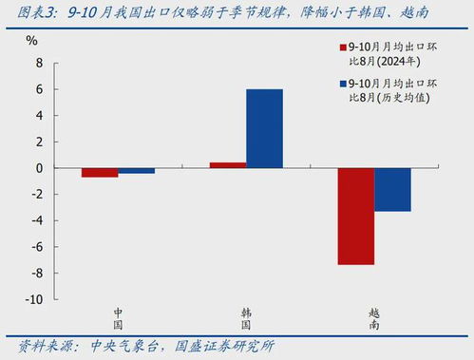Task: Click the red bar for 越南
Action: (355, 216)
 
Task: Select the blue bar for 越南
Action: (391, 189)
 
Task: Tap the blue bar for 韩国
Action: (264, 128)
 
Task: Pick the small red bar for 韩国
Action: (228, 165)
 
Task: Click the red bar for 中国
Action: (100, 172)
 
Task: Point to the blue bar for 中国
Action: (136, 171)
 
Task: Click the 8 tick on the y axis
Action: (40, 63)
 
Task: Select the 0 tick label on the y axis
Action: (40, 168)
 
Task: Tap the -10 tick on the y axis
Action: (34, 299)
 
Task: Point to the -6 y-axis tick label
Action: (37, 247)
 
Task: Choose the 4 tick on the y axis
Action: (40, 116)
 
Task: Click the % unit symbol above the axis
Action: (31, 42)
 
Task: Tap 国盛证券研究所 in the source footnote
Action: (224, 345)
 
